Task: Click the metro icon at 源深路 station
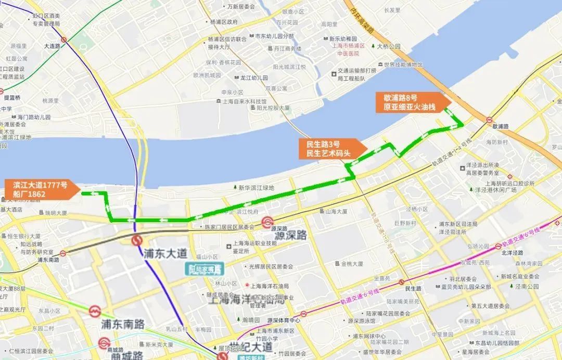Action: pyautogui.click(x=267, y=223)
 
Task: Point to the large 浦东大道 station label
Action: pyautogui.click(x=165, y=253)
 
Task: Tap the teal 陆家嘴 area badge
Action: pyautogui.click(x=205, y=269)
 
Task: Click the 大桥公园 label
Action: pyautogui.click(x=388, y=46)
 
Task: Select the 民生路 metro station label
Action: pyautogui.click(x=413, y=288)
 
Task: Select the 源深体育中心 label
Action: pyautogui.click(x=284, y=320)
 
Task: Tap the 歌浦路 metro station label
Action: pyautogui.click(x=499, y=126)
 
